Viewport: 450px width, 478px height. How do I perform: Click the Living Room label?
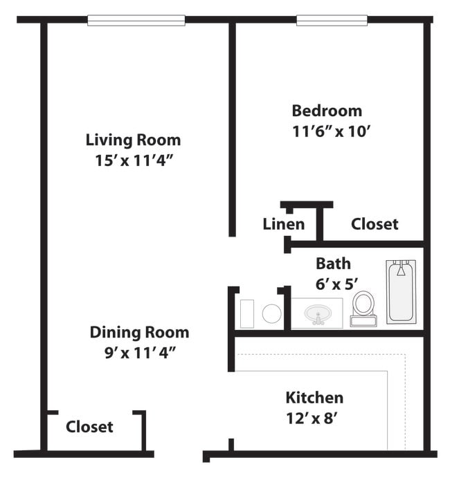pos(133,140)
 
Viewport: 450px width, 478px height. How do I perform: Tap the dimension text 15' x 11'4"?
pos(133,160)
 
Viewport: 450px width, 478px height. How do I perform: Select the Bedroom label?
pos(326,111)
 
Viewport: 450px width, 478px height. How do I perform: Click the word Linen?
pos(283,224)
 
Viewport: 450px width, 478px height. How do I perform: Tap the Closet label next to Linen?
pos(375,224)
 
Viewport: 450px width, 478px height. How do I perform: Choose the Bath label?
pos(333,264)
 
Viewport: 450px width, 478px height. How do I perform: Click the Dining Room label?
pos(139,332)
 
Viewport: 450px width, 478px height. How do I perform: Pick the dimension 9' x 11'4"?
pos(139,353)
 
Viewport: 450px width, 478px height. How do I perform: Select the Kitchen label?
pos(314,398)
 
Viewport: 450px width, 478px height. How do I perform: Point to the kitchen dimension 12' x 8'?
pos(314,418)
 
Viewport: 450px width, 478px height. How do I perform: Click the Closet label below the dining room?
pos(89,427)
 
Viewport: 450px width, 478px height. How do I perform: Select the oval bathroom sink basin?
pos(317,313)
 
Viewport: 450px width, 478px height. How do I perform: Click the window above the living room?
pos(136,20)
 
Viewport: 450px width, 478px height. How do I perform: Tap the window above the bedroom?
pos(331,20)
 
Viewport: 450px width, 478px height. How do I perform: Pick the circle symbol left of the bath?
pos(271,313)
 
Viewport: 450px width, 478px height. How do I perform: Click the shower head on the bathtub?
pos(401,269)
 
